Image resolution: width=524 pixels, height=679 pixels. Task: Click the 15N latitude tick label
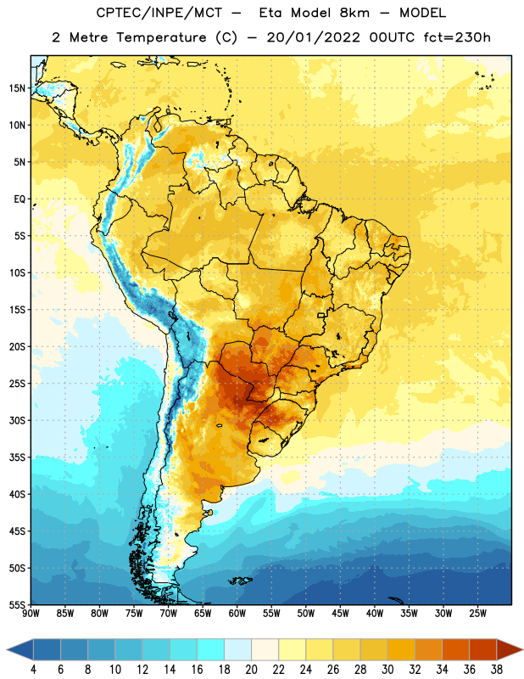[x=17, y=88]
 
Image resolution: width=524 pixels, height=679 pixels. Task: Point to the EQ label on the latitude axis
[x=20, y=199]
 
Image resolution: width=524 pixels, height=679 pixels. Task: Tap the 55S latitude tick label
[x=17, y=604]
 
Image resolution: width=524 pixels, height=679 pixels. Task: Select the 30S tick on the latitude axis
[x=17, y=420]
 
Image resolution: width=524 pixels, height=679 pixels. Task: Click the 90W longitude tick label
[x=31, y=614]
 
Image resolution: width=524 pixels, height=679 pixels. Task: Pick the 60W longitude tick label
[x=237, y=614]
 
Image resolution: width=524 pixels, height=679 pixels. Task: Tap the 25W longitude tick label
[x=477, y=614]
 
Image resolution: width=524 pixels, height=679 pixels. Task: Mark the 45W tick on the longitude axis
[x=340, y=614]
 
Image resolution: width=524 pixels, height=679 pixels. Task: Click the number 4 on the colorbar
[x=33, y=670]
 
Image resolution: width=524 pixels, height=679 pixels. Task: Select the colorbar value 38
[x=497, y=670]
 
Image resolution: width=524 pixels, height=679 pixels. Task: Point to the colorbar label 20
[x=251, y=670]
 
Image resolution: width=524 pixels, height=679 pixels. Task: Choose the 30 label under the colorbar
[x=387, y=670]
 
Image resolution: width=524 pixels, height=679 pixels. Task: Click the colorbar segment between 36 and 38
[x=483, y=650]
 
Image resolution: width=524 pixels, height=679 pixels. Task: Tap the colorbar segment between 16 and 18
[x=211, y=650]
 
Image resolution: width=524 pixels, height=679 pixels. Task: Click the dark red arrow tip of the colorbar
[x=521, y=650]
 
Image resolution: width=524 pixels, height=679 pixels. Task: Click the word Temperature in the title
[x=161, y=37]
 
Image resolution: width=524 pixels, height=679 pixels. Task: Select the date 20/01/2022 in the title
[x=313, y=37]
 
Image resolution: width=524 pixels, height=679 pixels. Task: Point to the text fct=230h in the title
[x=457, y=37]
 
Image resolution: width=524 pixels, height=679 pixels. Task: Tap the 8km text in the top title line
[x=354, y=13]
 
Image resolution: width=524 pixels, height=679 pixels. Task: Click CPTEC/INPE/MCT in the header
[x=159, y=14]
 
